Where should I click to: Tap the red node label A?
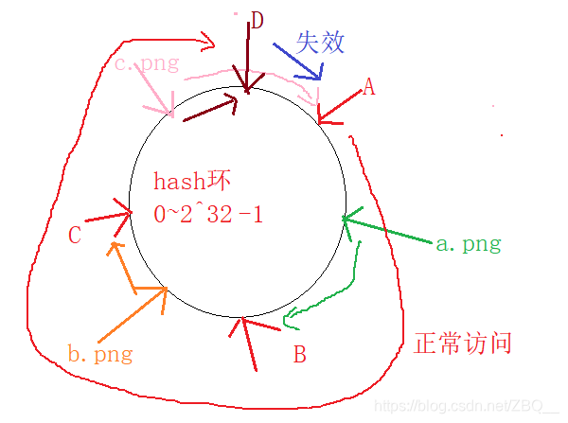pos(369,88)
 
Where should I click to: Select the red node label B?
pos(299,355)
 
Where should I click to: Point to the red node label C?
pos(75,235)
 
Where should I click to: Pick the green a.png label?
pos(468,243)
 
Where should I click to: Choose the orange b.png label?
pos(99,355)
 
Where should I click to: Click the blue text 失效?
pos(320,42)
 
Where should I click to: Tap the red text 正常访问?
pos(463,342)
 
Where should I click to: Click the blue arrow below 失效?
pos(299,60)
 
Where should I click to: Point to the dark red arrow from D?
pos(248,57)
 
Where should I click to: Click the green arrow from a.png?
pos(388,232)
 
